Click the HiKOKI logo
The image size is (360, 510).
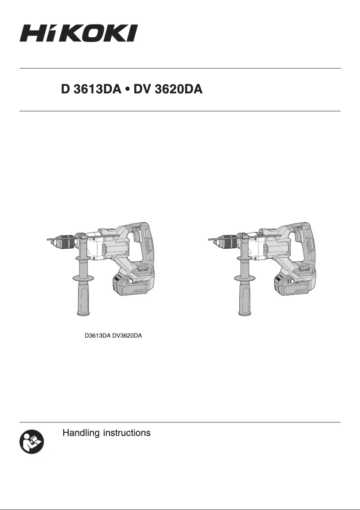pyautogui.click(x=78, y=33)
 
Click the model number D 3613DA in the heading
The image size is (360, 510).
pyautogui.click(x=91, y=90)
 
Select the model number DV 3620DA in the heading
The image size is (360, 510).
pyautogui.click(x=168, y=90)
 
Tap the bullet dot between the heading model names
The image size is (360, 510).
pyautogui.click(x=128, y=90)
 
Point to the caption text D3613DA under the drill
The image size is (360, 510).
pyautogui.click(x=97, y=336)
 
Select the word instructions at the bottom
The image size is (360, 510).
pyautogui.click(x=127, y=433)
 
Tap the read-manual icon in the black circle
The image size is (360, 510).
pyautogui.click(x=32, y=441)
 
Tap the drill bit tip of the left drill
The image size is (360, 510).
pyautogui.click(x=48, y=241)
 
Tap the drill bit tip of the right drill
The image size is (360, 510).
pyautogui.click(x=210, y=241)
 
